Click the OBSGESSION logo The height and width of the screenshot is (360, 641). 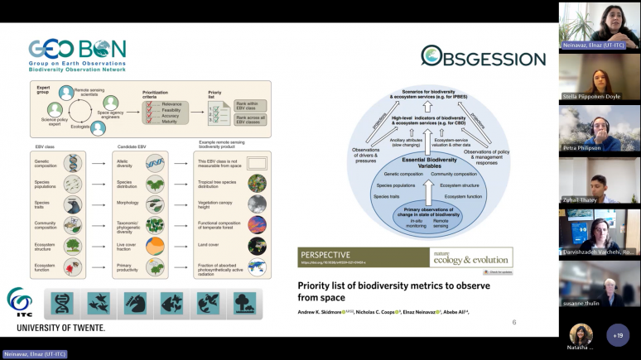coord(483,56)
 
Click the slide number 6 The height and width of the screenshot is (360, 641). coord(514,323)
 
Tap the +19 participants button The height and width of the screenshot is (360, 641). coord(617,336)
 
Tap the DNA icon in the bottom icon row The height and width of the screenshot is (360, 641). coord(63,304)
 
